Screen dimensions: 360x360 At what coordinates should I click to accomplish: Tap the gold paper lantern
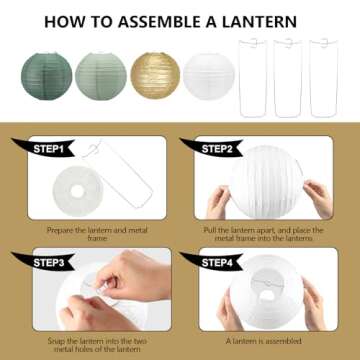[x=155, y=76]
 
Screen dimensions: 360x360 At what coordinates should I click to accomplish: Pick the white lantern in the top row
[x=207, y=76]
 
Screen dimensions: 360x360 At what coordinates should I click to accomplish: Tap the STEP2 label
[x=218, y=147]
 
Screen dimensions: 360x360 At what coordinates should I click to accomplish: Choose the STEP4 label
[x=218, y=263]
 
